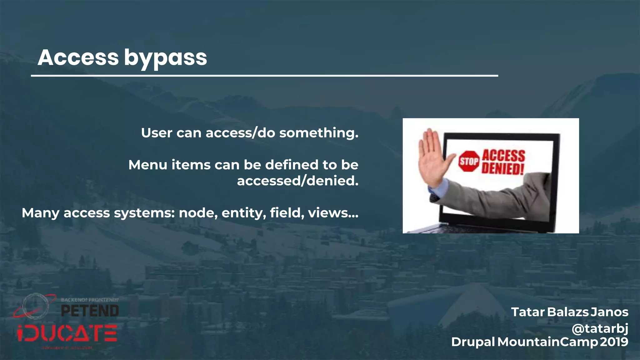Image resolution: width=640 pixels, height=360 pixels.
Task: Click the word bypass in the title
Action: (x=165, y=58)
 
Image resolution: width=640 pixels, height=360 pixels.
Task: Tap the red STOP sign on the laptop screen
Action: (x=469, y=161)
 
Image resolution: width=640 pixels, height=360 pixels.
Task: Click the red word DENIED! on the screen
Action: (x=502, y=169)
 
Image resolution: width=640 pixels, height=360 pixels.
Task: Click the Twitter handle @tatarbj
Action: (x=600, y=328)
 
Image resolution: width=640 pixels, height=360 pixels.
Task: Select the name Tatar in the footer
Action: (x=528, y=312)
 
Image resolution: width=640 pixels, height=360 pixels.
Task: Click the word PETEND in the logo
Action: (x=90, y=311)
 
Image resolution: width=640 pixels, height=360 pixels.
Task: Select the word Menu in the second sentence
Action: (x=148, y=165)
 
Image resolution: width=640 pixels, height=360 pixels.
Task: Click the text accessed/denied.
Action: (x=297, y=181)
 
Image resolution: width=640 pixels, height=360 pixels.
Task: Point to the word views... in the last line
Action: (x=333, y=213)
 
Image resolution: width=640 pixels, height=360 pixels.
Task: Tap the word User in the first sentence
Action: (x=157, y=133)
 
